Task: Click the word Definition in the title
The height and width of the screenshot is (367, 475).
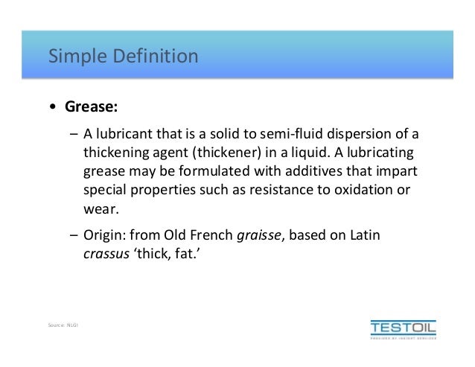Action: pyautogui.click(x=150, y=56)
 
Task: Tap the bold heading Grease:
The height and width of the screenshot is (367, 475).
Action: pyautogui.click(x=90, y=107)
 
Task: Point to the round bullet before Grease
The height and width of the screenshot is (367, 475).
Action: pyautogui.click(x=52, y=108)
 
